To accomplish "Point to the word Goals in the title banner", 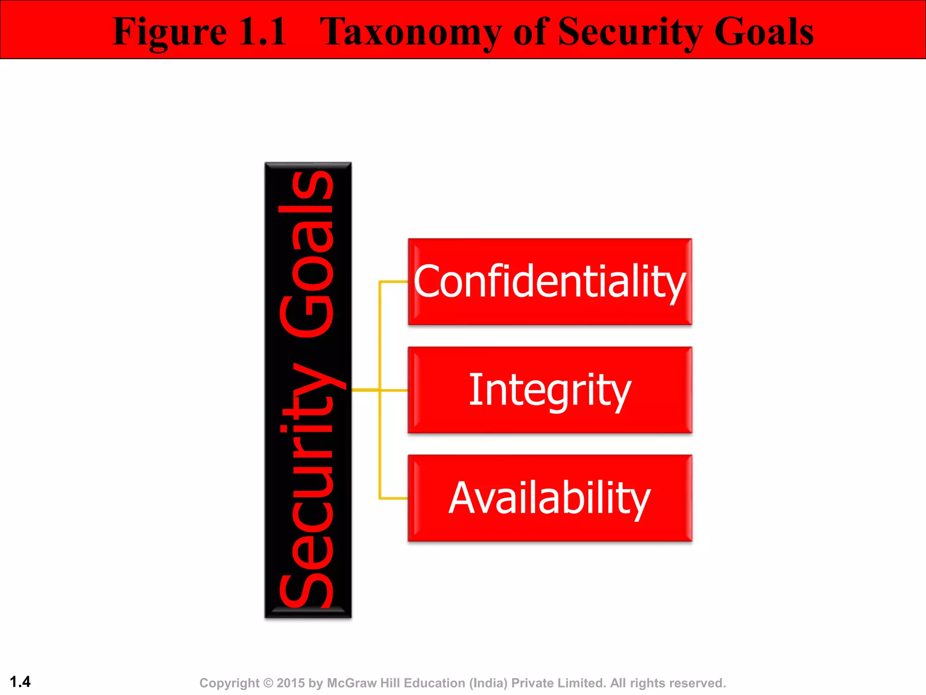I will coord(764,32).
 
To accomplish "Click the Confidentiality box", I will coord(550,281).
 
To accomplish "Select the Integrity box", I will coord(550,390).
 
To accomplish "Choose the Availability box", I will coord(550,498).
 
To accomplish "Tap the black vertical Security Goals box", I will coord(308,390).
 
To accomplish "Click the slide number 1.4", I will coord(20,681).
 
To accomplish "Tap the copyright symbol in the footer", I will coord(268,683).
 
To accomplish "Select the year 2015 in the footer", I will coord(291,683).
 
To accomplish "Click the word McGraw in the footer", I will coord(351,683).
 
